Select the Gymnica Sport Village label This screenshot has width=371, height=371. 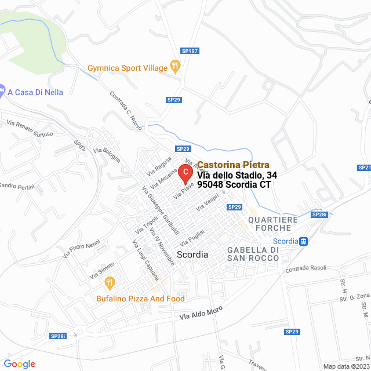point(128,68)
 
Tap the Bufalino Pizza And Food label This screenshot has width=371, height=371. point(141,299)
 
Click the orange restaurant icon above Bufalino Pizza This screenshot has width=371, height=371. point(109,283)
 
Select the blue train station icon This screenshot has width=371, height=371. point(303,241)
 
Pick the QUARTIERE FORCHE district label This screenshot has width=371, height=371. point(272,224)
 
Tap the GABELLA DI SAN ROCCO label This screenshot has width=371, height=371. point(254,253)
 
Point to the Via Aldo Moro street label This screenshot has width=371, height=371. point(201,314)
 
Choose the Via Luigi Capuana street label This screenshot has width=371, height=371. point(146,261)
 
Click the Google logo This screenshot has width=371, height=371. point(19,364)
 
